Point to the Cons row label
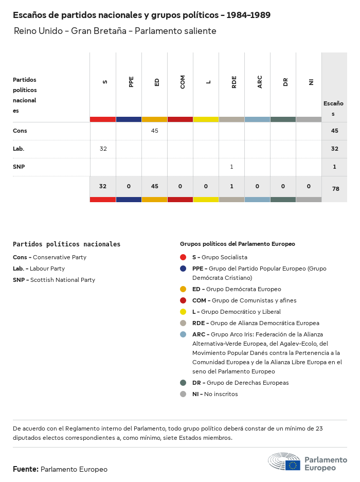20,131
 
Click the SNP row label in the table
19,167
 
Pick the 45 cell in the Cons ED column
155,131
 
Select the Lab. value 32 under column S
103,149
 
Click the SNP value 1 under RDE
232,167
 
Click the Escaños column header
333,108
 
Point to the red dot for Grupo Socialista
183,257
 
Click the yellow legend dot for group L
183,312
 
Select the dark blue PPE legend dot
183,269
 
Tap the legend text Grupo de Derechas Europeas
247,383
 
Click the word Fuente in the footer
25,469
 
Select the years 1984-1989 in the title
249,15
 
